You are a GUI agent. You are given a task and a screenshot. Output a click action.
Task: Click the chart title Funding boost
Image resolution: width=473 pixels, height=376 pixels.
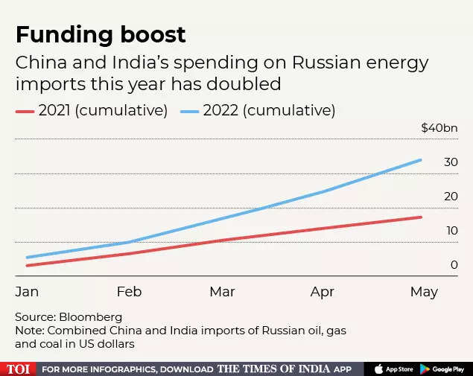[101, 34]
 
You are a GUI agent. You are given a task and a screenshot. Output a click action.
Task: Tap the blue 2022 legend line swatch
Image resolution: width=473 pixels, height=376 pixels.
[191, 111]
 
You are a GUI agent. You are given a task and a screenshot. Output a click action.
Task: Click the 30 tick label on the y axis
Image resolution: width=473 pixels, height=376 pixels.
[451, 162]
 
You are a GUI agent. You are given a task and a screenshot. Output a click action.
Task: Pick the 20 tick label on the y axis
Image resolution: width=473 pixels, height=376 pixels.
[451, 197]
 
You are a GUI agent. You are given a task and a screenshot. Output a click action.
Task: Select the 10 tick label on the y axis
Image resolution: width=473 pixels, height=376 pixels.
[451, 231]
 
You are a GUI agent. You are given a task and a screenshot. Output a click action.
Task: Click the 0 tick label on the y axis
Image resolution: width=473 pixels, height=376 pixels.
[454, 264]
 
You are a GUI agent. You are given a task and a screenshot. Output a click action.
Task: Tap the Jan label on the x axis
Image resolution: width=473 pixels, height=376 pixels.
[27, 292]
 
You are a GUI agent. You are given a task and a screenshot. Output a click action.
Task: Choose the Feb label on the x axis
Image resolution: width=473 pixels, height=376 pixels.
[129, 292]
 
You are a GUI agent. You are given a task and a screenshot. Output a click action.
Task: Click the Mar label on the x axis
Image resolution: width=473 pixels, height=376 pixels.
[222, 292]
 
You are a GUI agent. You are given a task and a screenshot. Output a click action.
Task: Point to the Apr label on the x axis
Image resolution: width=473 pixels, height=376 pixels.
[322, 292]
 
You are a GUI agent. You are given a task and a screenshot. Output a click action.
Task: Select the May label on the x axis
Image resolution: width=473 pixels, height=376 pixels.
[424, 292]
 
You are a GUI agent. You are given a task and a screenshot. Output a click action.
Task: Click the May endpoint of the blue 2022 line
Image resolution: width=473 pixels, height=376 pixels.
[421, 160]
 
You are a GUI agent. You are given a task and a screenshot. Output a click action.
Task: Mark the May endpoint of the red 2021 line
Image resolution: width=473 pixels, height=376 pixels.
[421, 217]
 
